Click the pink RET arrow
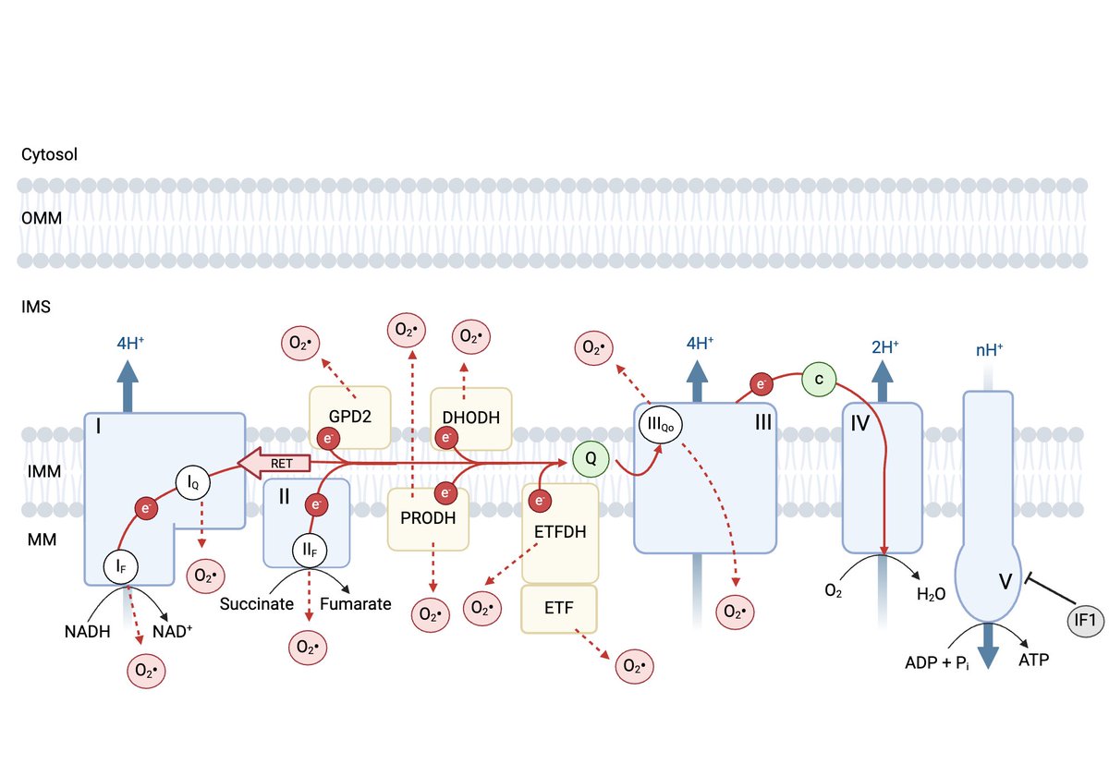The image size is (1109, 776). tap(274, 463)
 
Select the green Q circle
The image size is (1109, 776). tap(591, 459)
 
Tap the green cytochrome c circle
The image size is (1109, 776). tap(819, 379)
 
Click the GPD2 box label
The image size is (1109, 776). tap(350, 417)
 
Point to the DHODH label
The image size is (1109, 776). tap(470, 418)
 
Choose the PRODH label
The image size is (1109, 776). tap(428, 518)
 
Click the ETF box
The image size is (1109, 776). tap(559, 609)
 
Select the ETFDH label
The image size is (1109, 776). tap(560, 532)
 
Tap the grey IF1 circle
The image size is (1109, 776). tap(1085, 620)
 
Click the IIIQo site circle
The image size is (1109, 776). tap(661, 425)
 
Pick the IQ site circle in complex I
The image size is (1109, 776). tap(192, 482)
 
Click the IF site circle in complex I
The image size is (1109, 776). tap(120, 566)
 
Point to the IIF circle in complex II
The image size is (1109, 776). tap(310, 550)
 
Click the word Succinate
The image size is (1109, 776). tap(257, 604)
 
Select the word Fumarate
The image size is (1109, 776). tap(356, 604)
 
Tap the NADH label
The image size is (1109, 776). tap(87, 632)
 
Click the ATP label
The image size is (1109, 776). tap(1034, 660)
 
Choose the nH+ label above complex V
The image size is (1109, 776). tap(989, 350)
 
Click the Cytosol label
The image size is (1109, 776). tap(49, 154)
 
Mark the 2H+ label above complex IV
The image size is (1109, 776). tap(884, 347)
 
